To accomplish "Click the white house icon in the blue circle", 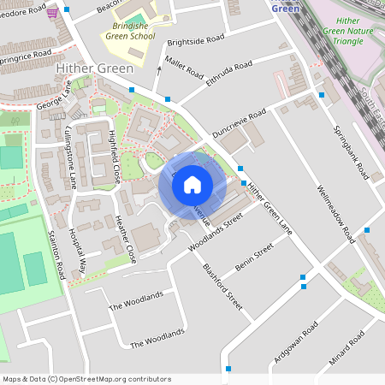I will pyautogui.click(x=192, y=185).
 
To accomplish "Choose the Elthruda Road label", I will pyautogui.click(x=228, y=74).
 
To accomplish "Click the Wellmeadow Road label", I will pyautogui.click(x=335, y=211).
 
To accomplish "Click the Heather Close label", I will pyautogui.click(x=126, y=239).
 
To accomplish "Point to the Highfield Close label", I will pyautogui.click(x=114, y=159).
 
